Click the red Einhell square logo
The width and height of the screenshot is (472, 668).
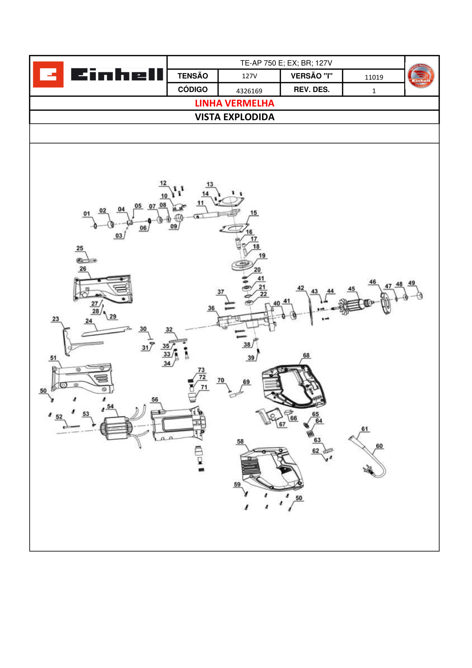[x=48, y=74]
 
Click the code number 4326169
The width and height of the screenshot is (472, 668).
[x=249, y=91]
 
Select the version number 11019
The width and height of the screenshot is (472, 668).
[x=374, y=77]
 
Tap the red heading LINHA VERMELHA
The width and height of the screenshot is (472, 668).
[x=234, y=103]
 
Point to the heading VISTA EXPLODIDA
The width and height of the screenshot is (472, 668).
[x=234, y=117]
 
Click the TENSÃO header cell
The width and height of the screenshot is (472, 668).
[x=192, y=76]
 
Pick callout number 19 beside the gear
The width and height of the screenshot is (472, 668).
[x=262, y=256]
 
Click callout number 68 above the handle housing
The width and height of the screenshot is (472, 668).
[x=306, y=356]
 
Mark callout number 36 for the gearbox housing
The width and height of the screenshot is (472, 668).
[x=211, y=308]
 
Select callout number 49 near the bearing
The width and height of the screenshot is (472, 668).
[x=412, y=283]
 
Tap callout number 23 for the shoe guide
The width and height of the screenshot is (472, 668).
[x=56, y=319]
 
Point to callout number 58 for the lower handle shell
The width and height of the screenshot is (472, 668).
[x=240, y=442]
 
